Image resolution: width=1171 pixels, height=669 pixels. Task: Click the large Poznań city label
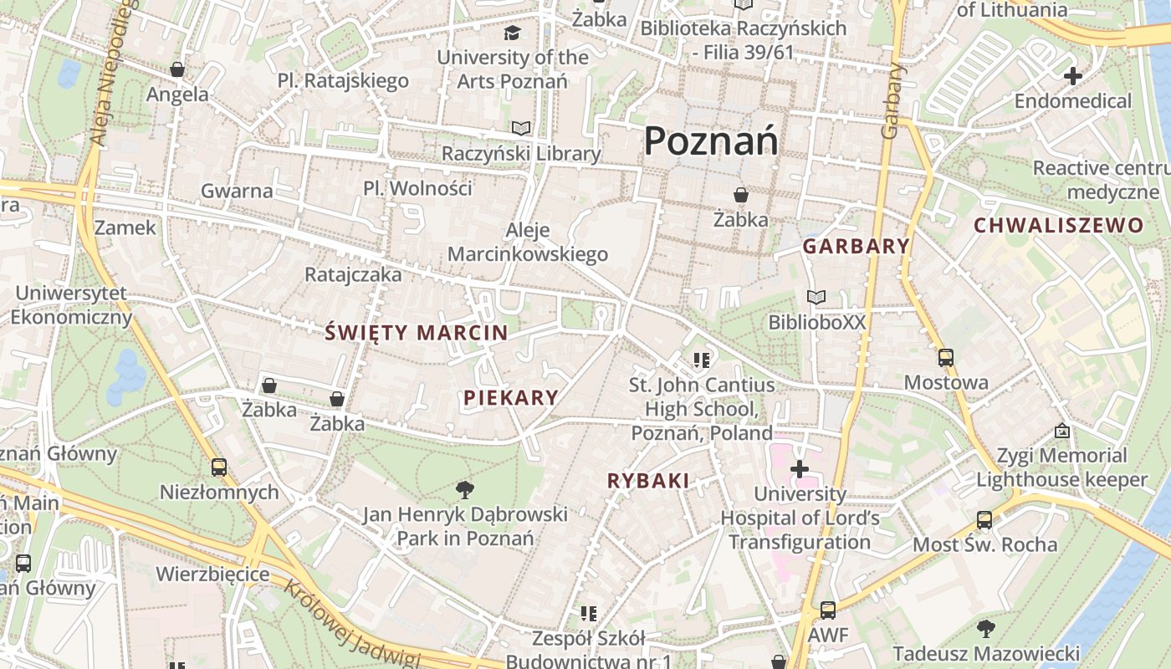(x=711, y=140)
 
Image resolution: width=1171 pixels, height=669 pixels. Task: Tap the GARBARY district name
(x=856, y=246)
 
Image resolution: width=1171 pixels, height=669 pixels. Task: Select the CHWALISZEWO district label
(x=1058, y=225)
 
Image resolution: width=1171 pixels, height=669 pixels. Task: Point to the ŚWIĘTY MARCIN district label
(x=417, y=333)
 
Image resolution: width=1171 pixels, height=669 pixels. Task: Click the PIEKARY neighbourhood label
(x=510, y=398)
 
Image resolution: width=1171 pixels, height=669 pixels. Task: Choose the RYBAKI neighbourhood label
(x=648, y=481)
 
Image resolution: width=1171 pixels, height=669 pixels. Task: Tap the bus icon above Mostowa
(x=946, y=358)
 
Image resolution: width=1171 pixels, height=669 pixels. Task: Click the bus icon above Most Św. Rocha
(x=984, y=520)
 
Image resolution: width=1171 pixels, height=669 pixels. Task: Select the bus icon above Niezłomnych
(x=219, y=467)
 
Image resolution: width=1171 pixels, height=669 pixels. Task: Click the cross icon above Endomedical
(x=1072, y=76)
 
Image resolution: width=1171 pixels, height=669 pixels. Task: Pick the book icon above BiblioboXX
(x=816, y=297)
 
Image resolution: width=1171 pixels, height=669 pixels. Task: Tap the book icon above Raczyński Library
(x=521, y=129)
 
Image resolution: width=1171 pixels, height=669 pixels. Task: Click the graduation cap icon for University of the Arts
(x=511, y=33)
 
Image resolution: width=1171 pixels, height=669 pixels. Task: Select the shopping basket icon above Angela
(x=177, y=69)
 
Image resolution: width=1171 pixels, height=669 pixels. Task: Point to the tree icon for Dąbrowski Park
(x=465, y=489)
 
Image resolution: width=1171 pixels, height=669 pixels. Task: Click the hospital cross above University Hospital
(x=800, y=469)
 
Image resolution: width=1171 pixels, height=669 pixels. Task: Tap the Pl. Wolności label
(x=417, y=188)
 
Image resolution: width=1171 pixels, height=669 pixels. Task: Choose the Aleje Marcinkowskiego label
(x=528, y=243)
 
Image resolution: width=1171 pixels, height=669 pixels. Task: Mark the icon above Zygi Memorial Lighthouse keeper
(x=1062, y=432)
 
